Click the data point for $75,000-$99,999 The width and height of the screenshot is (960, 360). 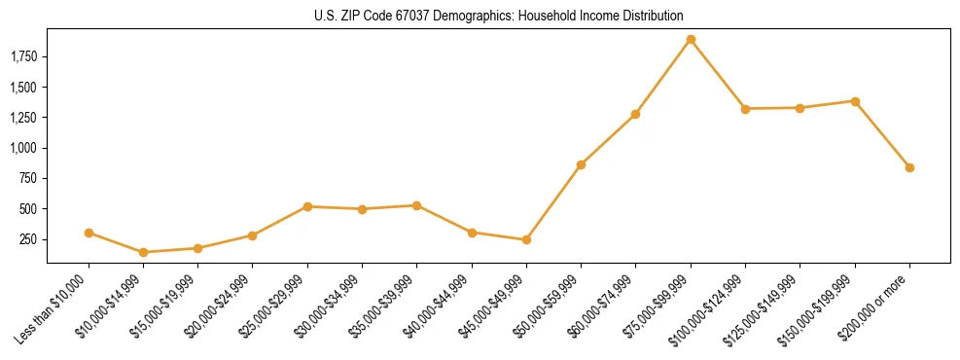point(691,40)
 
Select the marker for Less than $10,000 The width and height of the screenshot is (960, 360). point(89,233)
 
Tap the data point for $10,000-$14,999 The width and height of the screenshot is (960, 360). point(143,252)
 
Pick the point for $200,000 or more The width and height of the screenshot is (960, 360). point(909,167)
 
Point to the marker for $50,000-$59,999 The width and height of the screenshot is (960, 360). point(581,164)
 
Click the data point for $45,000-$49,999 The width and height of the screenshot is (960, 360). point(526,239)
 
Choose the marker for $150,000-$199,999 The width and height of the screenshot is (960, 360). point(855,101)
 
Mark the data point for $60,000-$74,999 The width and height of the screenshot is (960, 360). point(635,114)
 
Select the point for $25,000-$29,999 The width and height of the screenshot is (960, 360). point(307,206)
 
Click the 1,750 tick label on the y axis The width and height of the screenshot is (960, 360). point(22,57)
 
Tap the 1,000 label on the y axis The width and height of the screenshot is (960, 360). point(22,148)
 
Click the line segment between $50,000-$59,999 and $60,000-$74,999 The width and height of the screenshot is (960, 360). point(608,139)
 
